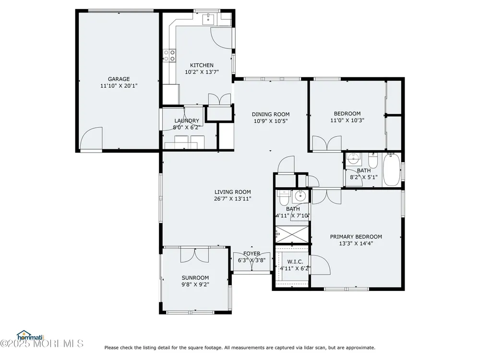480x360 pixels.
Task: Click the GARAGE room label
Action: [x=119, y=79]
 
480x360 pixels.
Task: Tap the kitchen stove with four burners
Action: [x=169, y=55]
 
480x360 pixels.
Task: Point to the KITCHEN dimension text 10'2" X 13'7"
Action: [x=202, y=72]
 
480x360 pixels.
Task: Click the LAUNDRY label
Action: [x=187, y=120]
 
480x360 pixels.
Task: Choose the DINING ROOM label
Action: [x=271, y=114]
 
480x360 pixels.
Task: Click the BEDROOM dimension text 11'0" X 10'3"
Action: [x=347, y=120]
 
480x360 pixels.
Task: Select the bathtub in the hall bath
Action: [x=392, y=169]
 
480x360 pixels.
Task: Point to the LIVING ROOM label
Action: [x=233, y=192]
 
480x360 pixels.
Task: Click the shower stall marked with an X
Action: [x=292, y=234]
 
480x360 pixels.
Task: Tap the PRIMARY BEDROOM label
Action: [x=356, y=237]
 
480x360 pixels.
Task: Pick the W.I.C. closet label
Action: [x=295, y=262]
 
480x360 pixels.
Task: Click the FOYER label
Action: [x=252, y=253]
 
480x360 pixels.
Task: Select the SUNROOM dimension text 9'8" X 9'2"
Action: [x=195, y=284]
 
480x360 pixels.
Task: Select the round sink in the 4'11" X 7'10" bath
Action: [x=300, y=195]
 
